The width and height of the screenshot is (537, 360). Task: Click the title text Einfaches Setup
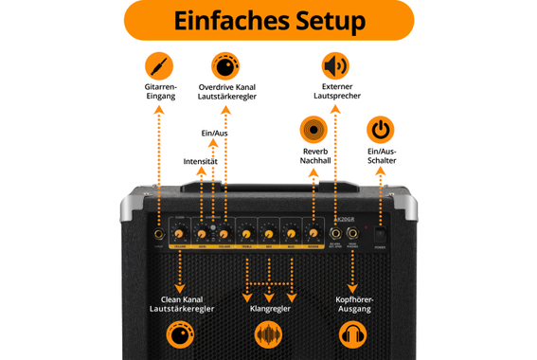tap(268, 21)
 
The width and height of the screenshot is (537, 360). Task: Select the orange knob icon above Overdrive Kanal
tap(227, 66)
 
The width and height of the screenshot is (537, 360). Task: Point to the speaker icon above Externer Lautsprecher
tap(335, 66)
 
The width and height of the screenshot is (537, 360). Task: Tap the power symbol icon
tap(380, 130)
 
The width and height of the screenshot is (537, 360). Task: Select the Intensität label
tap(201, 162)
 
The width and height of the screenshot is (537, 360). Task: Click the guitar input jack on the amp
tap(154, 232)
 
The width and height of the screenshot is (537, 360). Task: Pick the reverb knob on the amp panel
tap(313, 232)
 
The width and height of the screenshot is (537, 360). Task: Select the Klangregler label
tap(270, 308)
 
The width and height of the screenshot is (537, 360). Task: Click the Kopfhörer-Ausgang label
tap(353, 305)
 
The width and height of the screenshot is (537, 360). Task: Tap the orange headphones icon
tap(353, 335)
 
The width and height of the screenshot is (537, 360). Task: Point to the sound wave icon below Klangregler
tap(270, 335)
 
